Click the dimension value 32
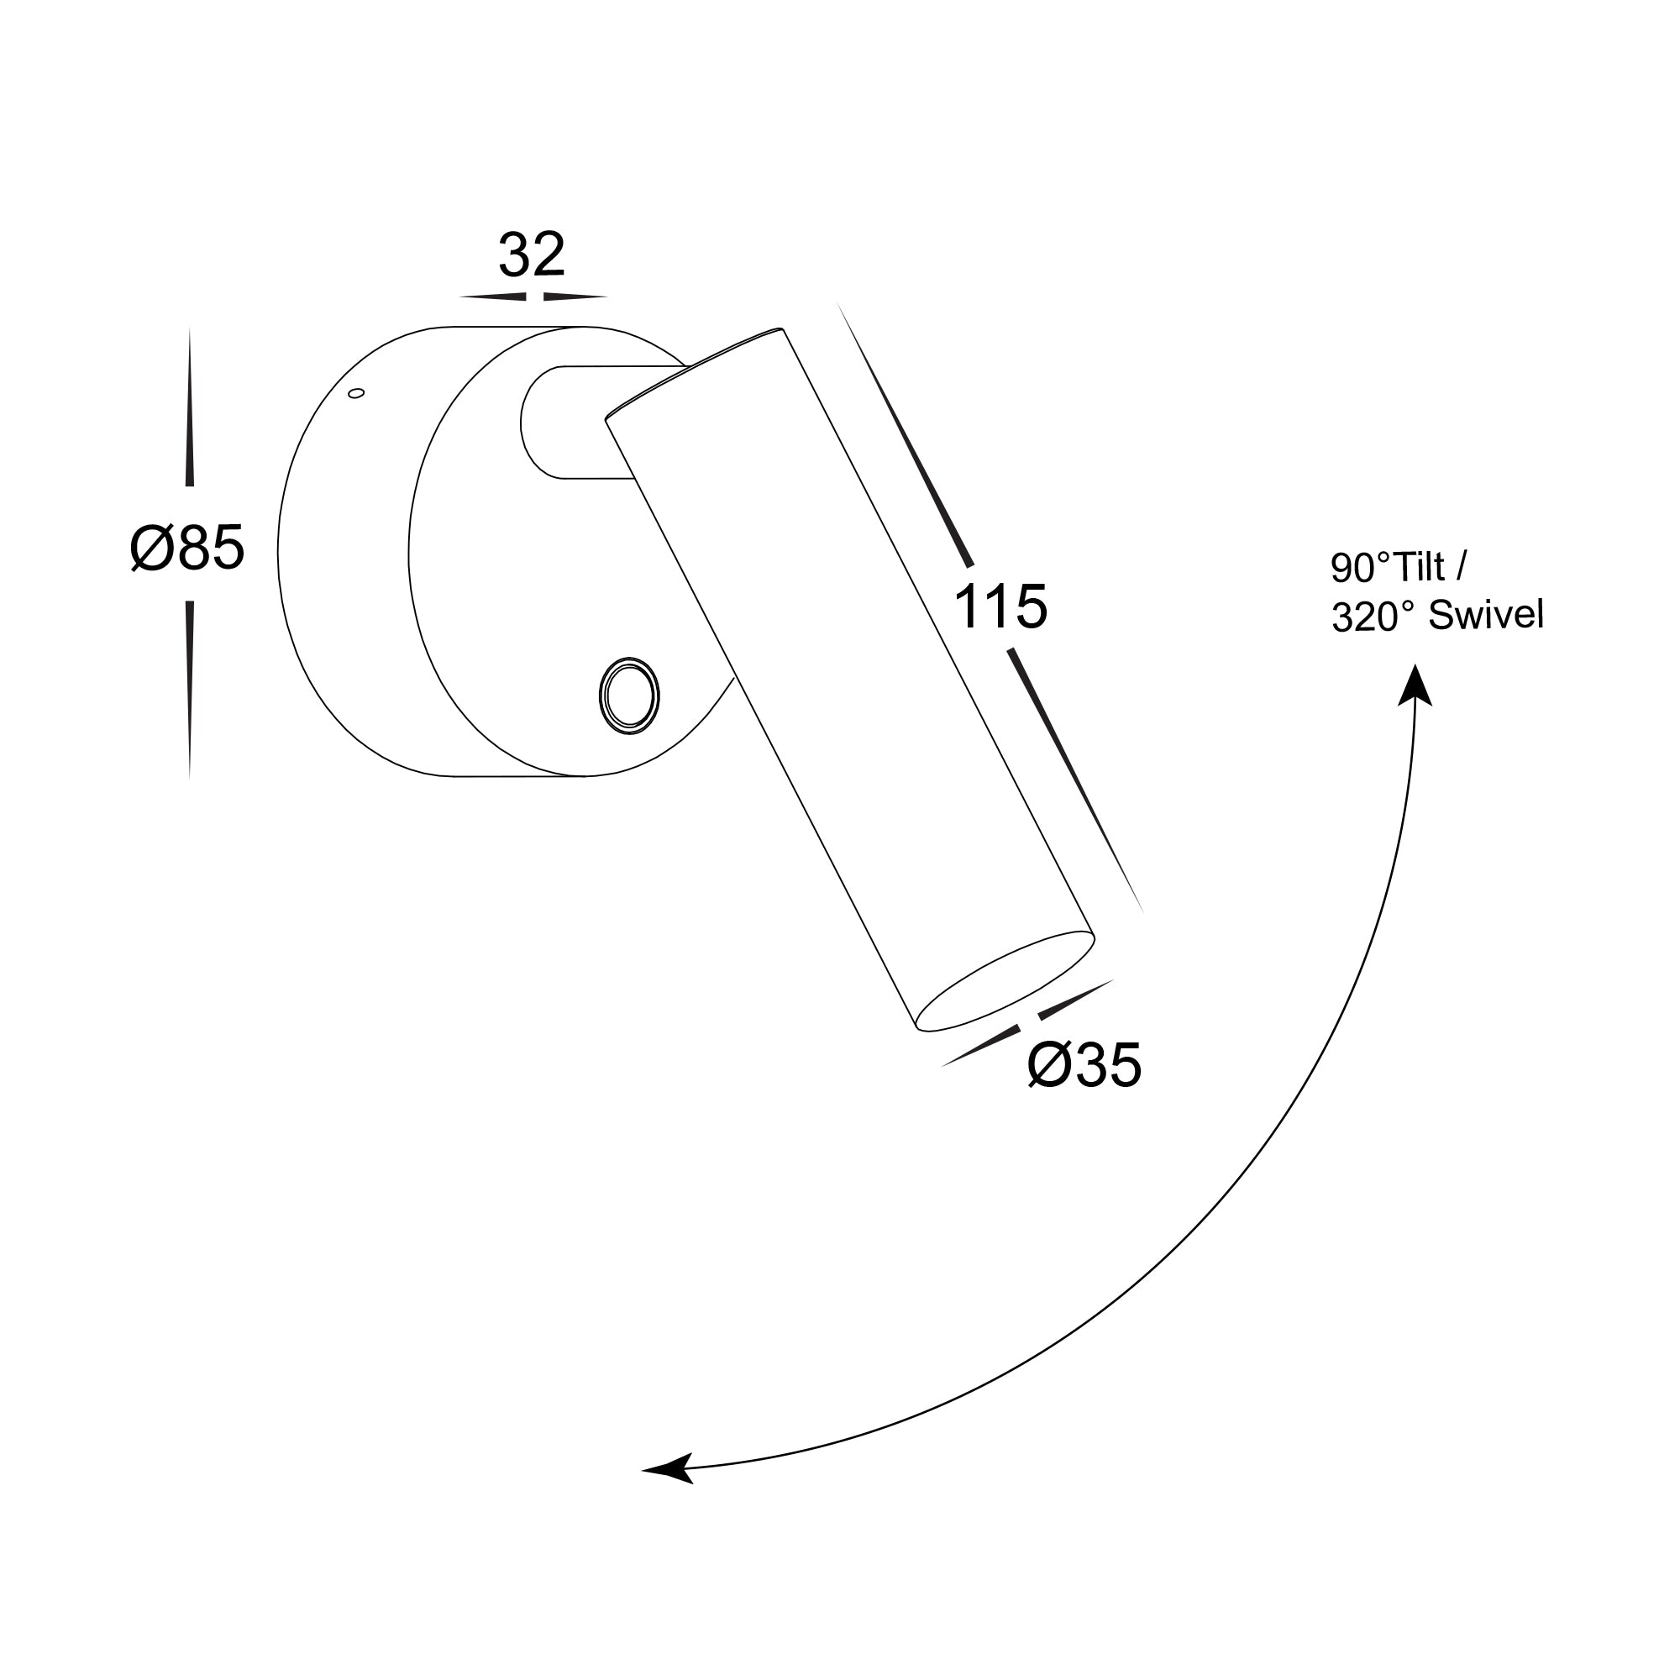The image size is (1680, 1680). (532, 255)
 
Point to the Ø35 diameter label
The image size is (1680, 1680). (1084, 1065)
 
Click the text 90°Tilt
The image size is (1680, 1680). (1399, 568)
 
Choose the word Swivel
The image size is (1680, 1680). (1486, 616)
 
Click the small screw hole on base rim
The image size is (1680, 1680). (355, 394)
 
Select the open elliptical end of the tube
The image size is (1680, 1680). (1006, 982)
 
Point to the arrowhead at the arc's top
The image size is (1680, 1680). (1415, 685)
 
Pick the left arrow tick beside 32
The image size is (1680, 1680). (493, 297)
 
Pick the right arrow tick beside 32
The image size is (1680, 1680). (574, 297)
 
